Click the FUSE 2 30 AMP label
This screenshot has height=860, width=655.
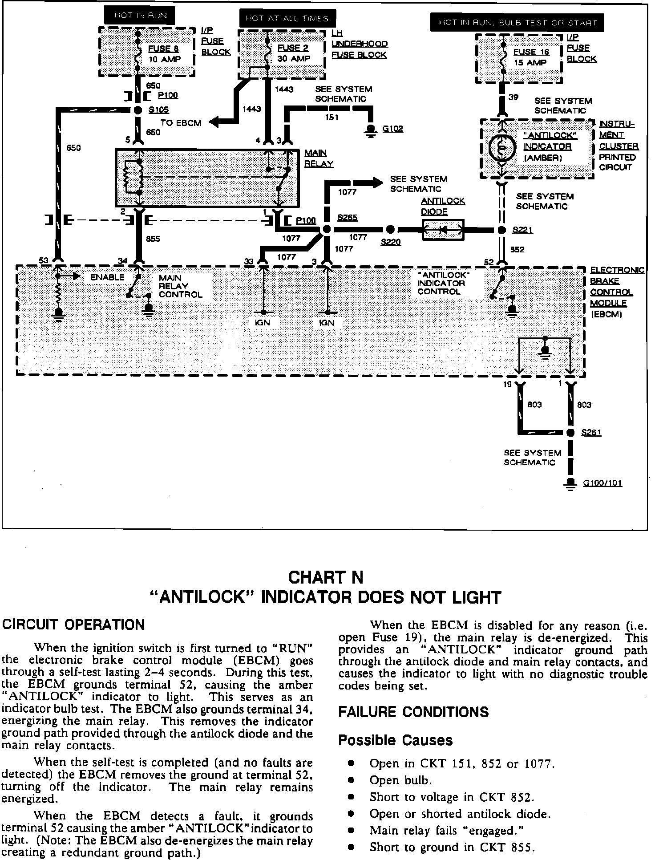click(x=293, y=53)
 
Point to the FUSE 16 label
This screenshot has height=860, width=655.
click(x=531, y=52)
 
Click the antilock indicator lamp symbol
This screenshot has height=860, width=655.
click(x=502, y=147)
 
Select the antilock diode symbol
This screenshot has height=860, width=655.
click(x=443, y=230)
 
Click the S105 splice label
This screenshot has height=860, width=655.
click(x=158, y=110)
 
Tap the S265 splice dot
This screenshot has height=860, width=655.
click(x=326, y=230)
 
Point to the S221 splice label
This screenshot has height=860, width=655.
click(x=522, y=230)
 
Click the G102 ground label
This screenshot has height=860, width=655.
click(x=392, y=129)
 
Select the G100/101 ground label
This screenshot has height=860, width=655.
click(x=602, y=483)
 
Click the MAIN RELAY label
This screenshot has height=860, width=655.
click(x=319, y=158)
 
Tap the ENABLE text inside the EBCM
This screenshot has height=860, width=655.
click(x=107, y=277)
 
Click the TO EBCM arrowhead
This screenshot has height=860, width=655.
click(x=214, y=122)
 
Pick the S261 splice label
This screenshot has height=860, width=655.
click(x=591, y=433)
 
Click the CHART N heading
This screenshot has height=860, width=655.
click(x=326, y=577)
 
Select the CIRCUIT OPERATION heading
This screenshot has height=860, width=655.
click(x=74, y=625)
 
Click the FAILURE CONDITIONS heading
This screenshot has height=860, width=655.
click(x=413, y=712)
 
